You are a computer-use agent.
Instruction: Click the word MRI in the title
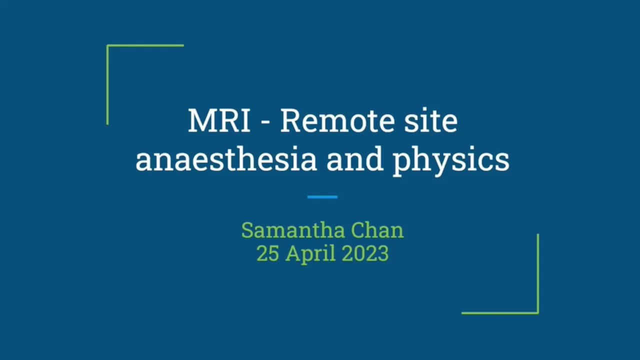(219, 121)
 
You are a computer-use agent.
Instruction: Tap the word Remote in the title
(329, 121)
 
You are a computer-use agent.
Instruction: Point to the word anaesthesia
(226, 160)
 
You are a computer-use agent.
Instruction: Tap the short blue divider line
(322, 197)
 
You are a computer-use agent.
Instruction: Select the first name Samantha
(293, 230)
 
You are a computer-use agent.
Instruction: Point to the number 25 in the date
(267, 254)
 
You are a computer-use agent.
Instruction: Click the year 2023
(365, 254)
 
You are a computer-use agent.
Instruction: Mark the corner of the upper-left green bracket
(107, 46)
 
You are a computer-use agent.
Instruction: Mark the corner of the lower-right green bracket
(538, 313)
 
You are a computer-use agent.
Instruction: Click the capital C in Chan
(358, 230)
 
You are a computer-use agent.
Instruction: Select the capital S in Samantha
(247, 230)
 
